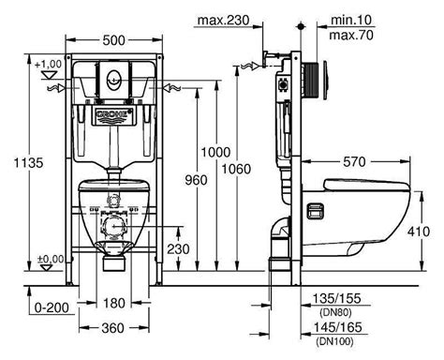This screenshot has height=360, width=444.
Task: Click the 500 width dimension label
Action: point(113,40)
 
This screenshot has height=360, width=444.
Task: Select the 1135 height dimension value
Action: point(29,163)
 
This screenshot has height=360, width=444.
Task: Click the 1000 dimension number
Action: point(215,152)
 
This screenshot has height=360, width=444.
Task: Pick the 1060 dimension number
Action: point(236,169)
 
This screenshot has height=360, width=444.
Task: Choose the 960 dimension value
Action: point(196,180)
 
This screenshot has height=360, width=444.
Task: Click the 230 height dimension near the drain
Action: point(178,249)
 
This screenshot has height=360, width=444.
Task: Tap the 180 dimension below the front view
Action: point(113,303)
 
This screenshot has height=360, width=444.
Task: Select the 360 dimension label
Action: point(112,328)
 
